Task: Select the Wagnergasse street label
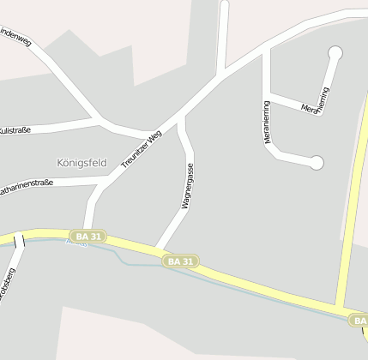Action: pyautogui.click(x=186, y=187)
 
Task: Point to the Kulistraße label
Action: pyautogui.click(x=15, y=129)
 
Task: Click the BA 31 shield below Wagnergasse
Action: pyautogui.click(x=182, y=261)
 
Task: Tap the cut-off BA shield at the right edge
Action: pyautogui.click(x=359, y=320)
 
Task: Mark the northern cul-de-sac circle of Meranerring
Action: pyautogui.click(x=335, y=53)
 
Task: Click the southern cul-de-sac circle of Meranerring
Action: pyautogui.click(x=317, y=162)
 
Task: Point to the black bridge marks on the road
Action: pyautogui.click(x=19, y=240)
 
